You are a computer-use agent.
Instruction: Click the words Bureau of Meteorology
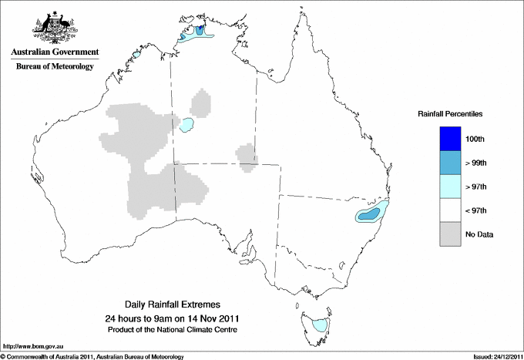[x=55, y=67]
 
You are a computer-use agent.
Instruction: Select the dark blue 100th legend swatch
[x=447, y=139]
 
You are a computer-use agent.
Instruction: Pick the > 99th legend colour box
[x=447, y=163]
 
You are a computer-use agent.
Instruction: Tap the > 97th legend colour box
[x=447, y=187]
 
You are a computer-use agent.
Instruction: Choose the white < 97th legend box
[x=447, y=210]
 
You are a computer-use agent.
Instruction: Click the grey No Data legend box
[x=447, y=234]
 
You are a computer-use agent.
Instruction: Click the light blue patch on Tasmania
[x=318, y=325]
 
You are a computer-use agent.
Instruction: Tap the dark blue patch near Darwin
[x=201, y=31]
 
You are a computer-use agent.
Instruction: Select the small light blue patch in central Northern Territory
[x=186, y=125]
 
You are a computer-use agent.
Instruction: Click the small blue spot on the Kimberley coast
[x=136, y=55]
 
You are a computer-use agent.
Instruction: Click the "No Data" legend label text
[x=479, y=234]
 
